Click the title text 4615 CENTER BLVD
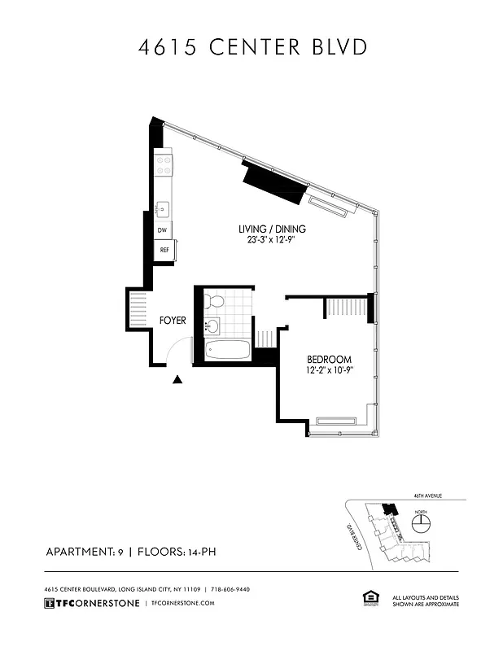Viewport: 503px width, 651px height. tap(251, 47)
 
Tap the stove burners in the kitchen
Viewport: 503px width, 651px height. tap(164, 165)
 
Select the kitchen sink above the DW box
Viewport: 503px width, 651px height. tap(164, 209)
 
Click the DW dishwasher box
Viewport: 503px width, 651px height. tap(164, 231)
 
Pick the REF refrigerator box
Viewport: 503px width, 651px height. tap(164, 251)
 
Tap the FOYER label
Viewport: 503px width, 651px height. tap(172, 321)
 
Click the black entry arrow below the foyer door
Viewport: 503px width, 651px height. tap(178, 378)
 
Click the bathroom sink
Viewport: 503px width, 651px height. tap(212, 327)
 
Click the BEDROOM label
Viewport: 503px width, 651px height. tap(329, 360)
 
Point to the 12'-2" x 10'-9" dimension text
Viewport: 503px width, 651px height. tap(329, 371)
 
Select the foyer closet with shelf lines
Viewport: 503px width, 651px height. tap(135, 310)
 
